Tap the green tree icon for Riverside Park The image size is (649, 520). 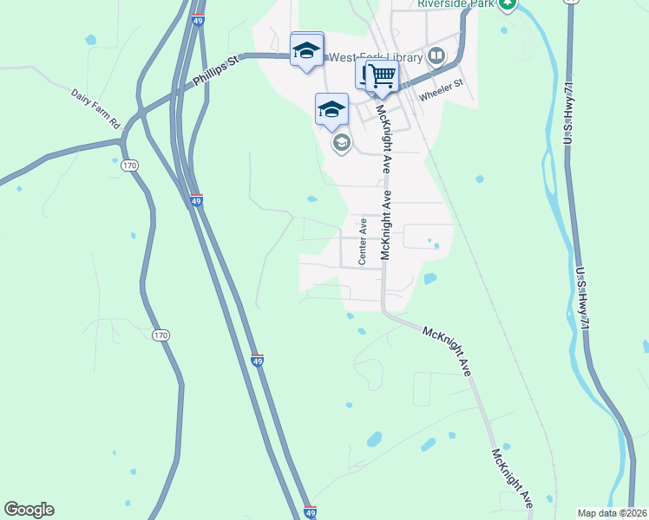click(508, 4)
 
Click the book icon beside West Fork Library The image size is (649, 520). click(436, 57)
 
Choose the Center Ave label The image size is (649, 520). click(364, 240)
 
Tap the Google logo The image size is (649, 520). click(29, 510)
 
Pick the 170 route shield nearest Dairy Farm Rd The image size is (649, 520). click(130, 165)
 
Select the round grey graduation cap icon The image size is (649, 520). click(341, 143)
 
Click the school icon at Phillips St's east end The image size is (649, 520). click(306, 50)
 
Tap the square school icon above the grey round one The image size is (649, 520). click(331, 110)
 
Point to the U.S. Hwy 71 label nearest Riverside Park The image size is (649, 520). click(570, 108)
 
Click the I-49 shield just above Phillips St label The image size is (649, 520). click(198, 20)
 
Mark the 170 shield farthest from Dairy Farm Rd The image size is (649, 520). click(160, 335)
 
